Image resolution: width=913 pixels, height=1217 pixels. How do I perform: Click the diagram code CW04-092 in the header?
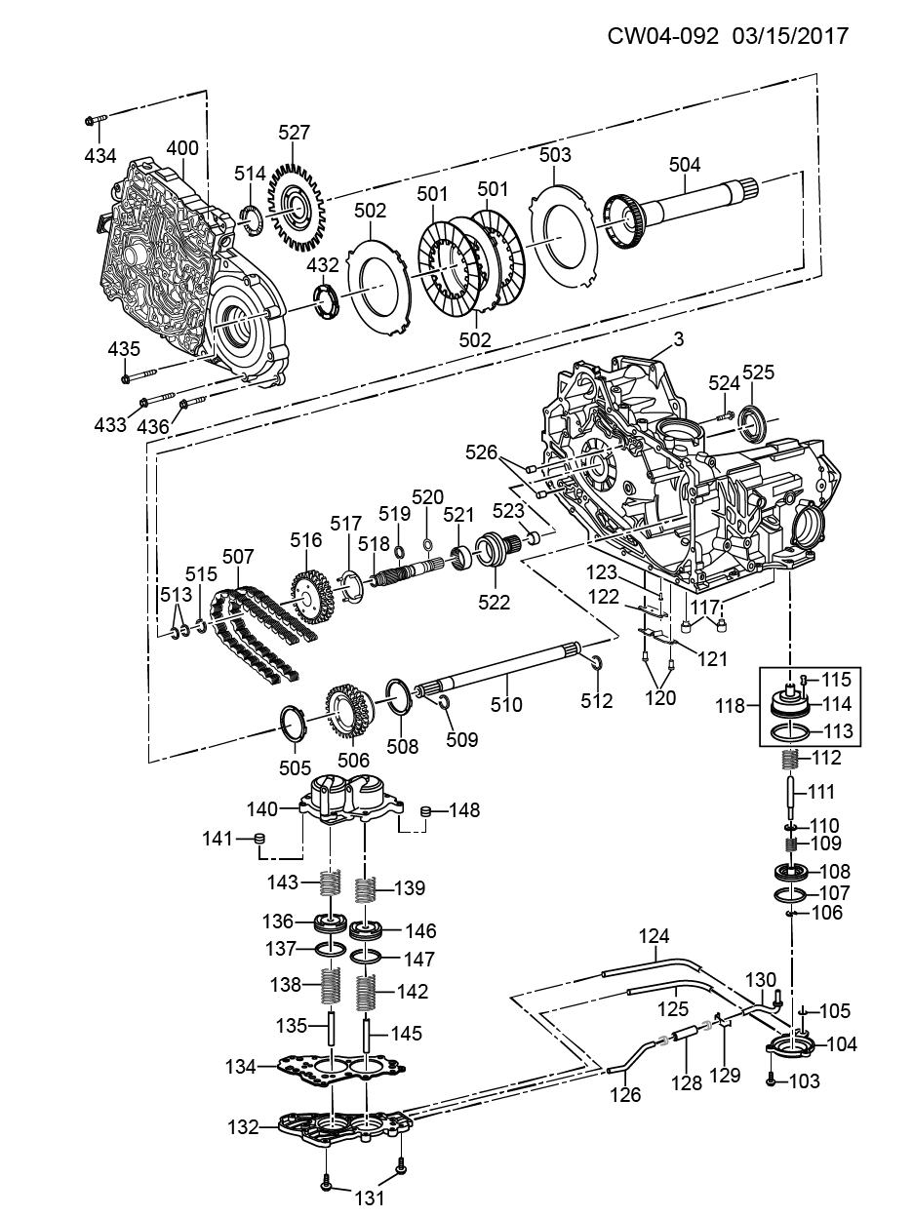click(663, 36)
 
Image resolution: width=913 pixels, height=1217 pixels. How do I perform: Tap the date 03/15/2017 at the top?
click(790, 36)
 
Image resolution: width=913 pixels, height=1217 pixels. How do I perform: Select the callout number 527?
click(294, 133)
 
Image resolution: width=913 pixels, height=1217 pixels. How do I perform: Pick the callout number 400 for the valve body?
click(182, 148)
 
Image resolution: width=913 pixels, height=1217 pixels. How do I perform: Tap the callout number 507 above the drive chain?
click(238, 557)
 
